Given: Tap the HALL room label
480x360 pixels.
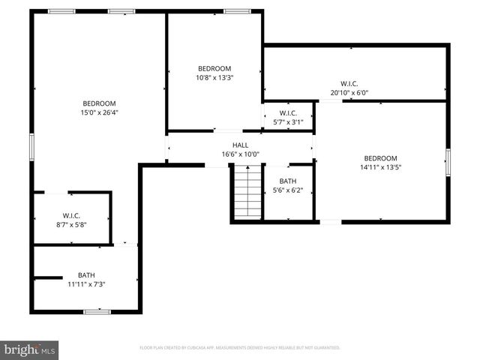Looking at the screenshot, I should click(x=240, y=145).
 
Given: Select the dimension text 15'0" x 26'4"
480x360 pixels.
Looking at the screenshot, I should click(x=100, y=112).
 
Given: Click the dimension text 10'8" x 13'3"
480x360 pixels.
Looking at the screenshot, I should click(x=214, y=76).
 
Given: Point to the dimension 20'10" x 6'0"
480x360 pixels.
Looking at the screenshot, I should click(x=349, y=93).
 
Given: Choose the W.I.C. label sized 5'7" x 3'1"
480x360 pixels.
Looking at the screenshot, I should click(x=289, y=121).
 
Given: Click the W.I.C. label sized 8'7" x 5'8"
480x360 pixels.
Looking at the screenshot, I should click(x=72, y=223).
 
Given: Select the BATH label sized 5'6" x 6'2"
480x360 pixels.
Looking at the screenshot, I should click(x=288, y=181).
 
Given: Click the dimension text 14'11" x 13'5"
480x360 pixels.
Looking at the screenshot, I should click(x=380, y=167).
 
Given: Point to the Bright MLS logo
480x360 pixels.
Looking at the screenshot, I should click(x=30, y=349).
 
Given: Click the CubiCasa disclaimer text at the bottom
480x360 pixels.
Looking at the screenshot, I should click(x=240, y=348).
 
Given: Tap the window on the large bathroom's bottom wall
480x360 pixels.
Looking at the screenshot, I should click(x=97, y=311).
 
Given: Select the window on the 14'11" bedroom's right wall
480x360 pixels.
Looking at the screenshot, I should click(x=448, y=162).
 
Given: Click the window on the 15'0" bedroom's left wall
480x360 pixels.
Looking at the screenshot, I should click(x=31, y=146).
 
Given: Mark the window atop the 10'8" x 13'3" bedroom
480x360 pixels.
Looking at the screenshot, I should click(x=238, y=11).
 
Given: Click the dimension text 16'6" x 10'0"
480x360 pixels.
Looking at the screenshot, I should click(x=240, y=154).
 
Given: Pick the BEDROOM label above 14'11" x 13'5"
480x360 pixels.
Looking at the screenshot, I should click(x=380, y=158).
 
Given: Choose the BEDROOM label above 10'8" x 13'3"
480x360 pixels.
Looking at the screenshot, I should click(x=214, y=67).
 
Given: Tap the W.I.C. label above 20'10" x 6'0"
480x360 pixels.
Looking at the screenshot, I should click(x=349, y=84).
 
